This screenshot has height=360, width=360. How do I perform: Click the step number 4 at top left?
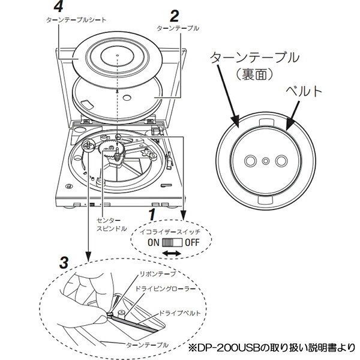point(57,7)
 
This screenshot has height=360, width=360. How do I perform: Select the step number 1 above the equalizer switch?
point(153,214)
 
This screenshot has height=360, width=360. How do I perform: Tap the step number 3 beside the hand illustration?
point(64,262)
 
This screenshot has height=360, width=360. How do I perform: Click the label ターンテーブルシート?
point(76,19)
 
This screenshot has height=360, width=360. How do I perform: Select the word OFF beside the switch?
point(192,242)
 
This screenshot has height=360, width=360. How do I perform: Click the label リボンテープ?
point(158,274)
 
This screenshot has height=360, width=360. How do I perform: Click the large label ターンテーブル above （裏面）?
point(254,58)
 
